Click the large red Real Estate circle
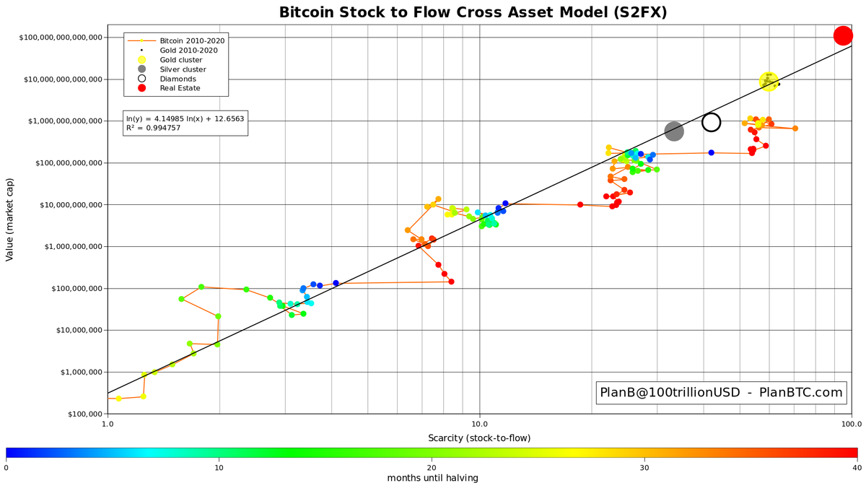pos(843,35)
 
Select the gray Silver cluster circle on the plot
pos(673,131)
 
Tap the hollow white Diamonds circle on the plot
pos(711,122)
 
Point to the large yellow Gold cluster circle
pos(769,82)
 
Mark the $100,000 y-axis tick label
pos(75,414)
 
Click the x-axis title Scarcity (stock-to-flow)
pos(479,438)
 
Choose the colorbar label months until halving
pos(432,478)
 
